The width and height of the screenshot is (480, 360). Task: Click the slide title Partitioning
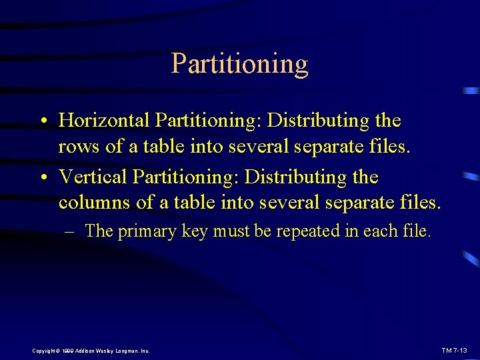pos(239,64)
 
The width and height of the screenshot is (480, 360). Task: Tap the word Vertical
pos(93,177)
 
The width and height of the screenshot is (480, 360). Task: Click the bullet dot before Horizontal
pos(42,121)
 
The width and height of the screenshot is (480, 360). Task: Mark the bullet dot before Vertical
pos(42,178)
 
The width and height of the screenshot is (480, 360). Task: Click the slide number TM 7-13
pos(455,350)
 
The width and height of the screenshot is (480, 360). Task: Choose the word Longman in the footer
pos(126,351)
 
